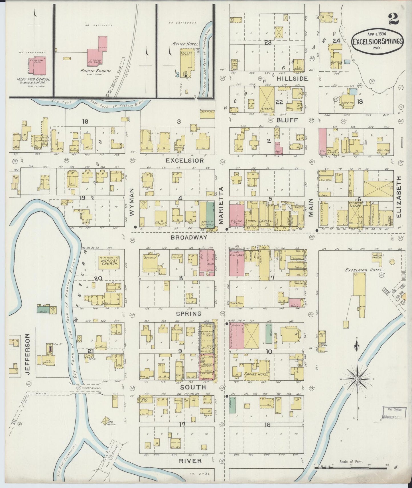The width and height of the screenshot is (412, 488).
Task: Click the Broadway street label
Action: click(x=184, y=237)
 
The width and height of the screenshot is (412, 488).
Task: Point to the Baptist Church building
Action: click(x=109, y=262)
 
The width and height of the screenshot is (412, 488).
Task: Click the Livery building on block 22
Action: click(x=267, y=100)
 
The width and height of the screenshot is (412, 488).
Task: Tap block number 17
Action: click(x=182, y=424)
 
